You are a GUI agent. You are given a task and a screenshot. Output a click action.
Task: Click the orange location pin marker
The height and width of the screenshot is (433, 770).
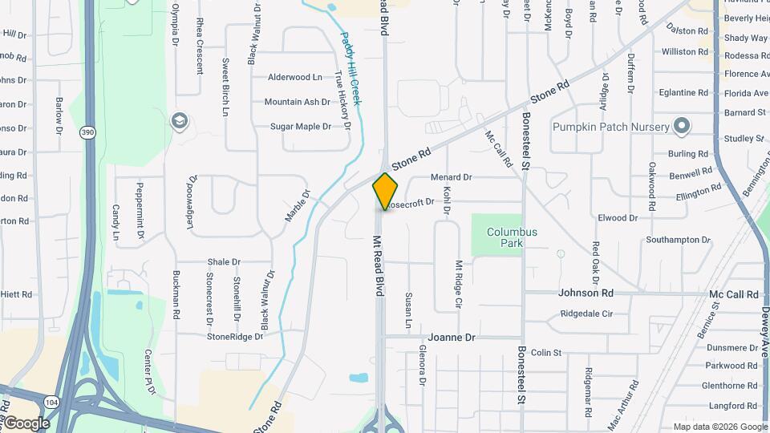click(x=386, y=192)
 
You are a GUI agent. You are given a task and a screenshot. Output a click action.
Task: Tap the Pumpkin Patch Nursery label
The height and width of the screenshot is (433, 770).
click(x=610, y=127)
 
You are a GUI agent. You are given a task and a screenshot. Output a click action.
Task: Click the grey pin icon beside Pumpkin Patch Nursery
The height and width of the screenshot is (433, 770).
click(x=682, y=126)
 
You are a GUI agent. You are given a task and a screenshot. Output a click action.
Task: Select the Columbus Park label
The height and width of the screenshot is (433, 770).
click(x=512, y=237)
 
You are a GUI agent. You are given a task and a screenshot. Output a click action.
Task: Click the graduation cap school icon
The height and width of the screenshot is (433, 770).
click(x=180, y=122)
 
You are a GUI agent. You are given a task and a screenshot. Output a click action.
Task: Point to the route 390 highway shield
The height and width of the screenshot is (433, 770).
click(x=87, y=131)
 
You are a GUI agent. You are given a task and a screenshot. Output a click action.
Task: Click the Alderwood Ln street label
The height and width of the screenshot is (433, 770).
click(x=294, y=78)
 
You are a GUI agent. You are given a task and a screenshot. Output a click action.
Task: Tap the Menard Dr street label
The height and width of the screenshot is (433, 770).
click(x=451, y=177)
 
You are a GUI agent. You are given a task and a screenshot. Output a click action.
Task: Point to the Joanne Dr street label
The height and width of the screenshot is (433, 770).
click(x=452, y=338)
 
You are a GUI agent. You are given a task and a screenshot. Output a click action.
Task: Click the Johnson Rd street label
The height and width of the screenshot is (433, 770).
click(x=586, y=293)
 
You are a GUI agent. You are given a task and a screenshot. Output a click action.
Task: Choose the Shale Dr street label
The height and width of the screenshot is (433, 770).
click(x=224, y=262)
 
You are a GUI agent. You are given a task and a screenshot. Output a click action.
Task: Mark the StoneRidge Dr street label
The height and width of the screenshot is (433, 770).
click(x=235, y=337)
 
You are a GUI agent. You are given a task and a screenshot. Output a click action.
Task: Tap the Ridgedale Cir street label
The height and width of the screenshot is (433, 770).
click(x=586, y=314)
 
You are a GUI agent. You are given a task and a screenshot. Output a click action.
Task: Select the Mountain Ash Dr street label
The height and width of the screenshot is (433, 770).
click(x=297, y=102)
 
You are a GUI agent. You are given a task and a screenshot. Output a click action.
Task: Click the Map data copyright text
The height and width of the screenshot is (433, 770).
click(x=720, y=427)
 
